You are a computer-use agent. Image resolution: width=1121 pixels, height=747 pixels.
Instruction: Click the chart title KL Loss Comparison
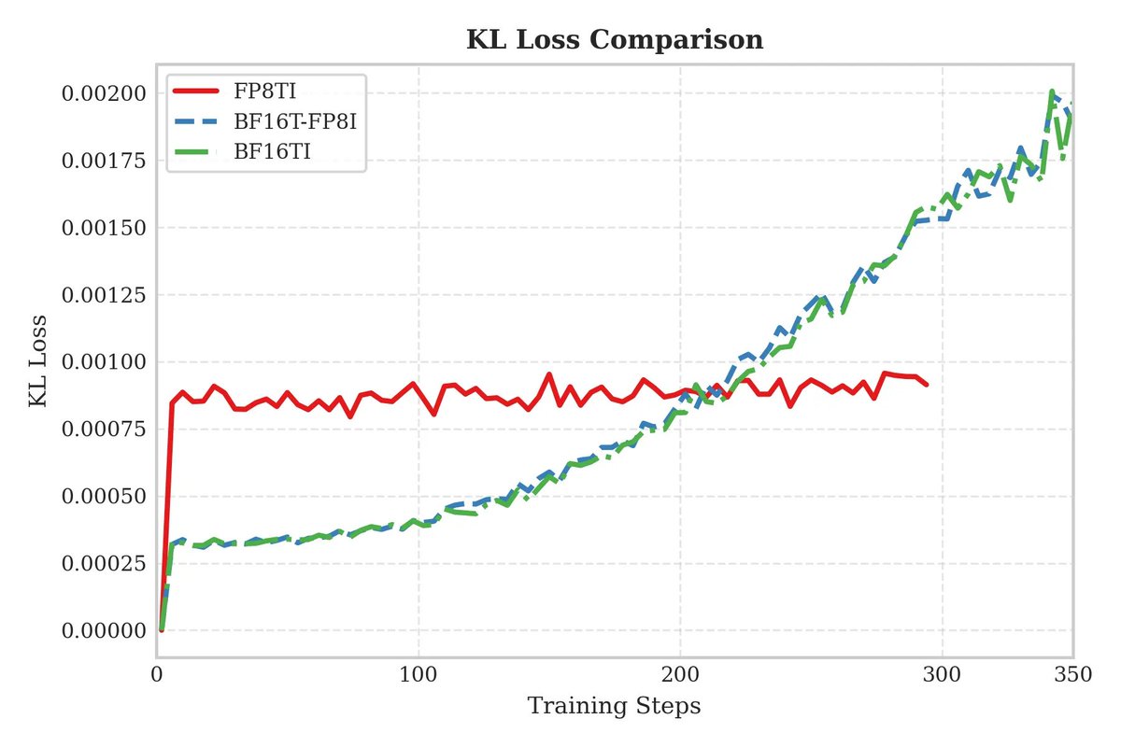coord(614,40)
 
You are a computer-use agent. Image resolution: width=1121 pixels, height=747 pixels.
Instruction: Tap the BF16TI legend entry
coord(266,150)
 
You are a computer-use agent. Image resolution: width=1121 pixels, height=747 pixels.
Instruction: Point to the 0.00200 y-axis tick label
coord(103,93)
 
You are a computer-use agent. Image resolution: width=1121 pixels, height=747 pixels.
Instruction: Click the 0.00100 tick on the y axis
coord(103,362)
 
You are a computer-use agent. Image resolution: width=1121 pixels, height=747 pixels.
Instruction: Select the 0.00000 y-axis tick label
coord(103,630)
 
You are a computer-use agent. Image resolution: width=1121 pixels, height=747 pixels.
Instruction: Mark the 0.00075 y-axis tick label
coord(103,430)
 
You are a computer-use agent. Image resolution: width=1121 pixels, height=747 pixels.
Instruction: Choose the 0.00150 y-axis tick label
coord(103,228)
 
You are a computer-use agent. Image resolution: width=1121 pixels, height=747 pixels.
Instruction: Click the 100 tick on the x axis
coord(418,674)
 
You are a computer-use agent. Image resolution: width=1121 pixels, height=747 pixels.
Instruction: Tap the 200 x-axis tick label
coord(679,674)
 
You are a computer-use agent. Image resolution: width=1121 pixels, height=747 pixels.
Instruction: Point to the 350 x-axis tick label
coord(1071,674)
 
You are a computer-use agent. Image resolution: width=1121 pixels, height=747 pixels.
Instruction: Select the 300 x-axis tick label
coord(942,674)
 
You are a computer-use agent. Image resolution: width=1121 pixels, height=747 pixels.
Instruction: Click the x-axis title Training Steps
coord(614,706)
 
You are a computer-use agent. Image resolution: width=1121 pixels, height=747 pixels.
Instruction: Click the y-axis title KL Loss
coord(38,362)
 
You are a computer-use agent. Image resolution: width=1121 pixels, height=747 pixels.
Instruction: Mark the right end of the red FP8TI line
coord(927,384)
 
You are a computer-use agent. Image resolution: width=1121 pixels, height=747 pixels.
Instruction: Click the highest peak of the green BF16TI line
coord(1052,92)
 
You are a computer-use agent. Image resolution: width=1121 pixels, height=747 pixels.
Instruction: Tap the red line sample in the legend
coord(197,92)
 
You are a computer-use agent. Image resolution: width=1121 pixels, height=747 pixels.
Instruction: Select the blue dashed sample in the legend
coord(197,121)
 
